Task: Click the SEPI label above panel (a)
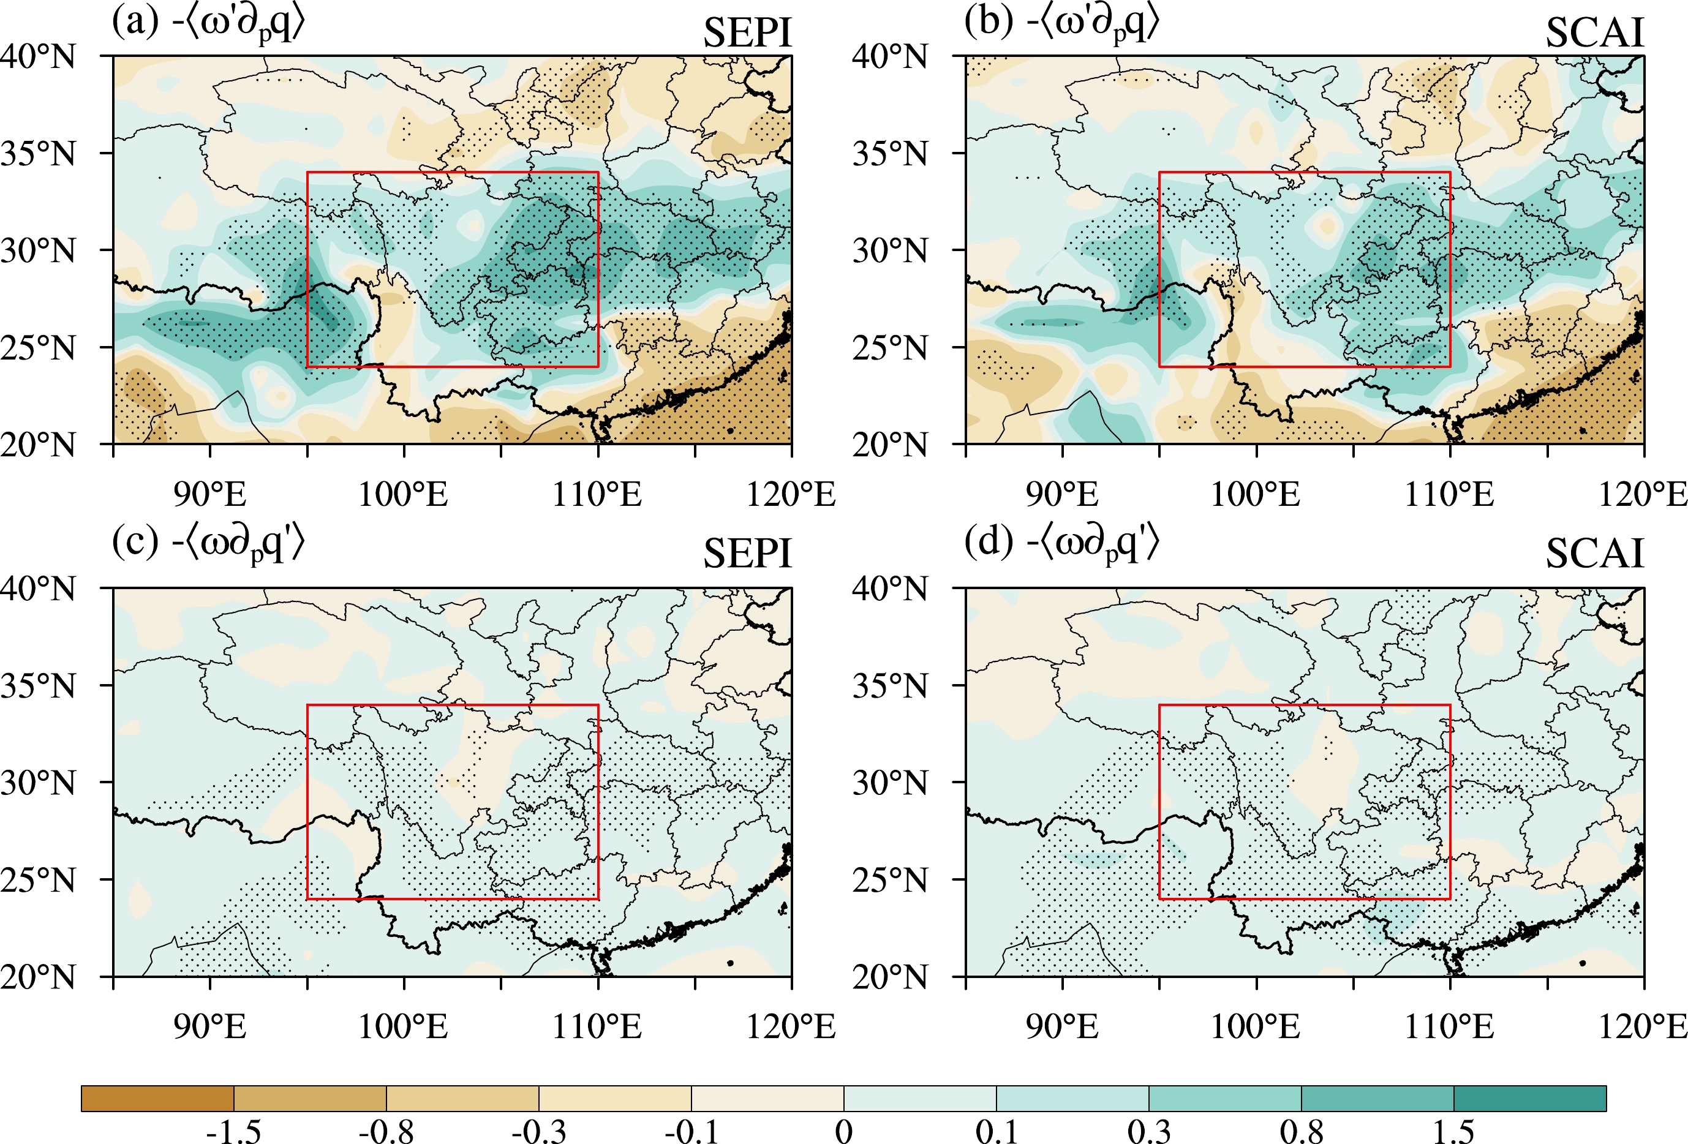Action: point(747,34)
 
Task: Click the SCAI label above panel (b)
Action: point(1594,34)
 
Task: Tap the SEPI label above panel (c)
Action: point(747,554)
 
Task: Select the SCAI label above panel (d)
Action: point(1594,554)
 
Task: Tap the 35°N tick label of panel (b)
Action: point(891,154)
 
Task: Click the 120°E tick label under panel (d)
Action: point(1643,1027)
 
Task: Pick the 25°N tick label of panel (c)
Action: point(39,880)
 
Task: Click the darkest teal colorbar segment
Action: point(1529,1098)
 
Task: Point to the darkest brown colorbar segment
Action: point(157,1098)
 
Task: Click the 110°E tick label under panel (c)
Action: point(597,1027)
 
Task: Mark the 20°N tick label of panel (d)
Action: point(891,977)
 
